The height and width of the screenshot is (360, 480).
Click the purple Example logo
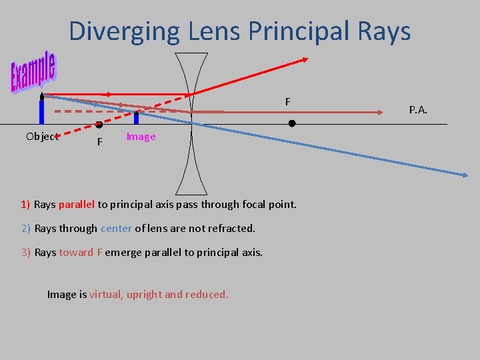[33, 72]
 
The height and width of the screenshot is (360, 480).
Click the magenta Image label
[141, 137]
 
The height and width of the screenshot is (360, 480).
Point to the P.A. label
[418, 109]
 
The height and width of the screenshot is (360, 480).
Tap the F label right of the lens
[287, 102]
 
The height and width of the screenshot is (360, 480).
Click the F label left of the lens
[99, 142]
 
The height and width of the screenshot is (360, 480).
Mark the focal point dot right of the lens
[292, 124]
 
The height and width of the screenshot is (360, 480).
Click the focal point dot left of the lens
[99, 125]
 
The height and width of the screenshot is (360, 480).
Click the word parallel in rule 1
[77, 204]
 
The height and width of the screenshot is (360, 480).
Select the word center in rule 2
[116, 228]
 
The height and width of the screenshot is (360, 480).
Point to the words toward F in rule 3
[81, 252]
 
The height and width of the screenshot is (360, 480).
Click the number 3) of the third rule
[26, 252]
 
